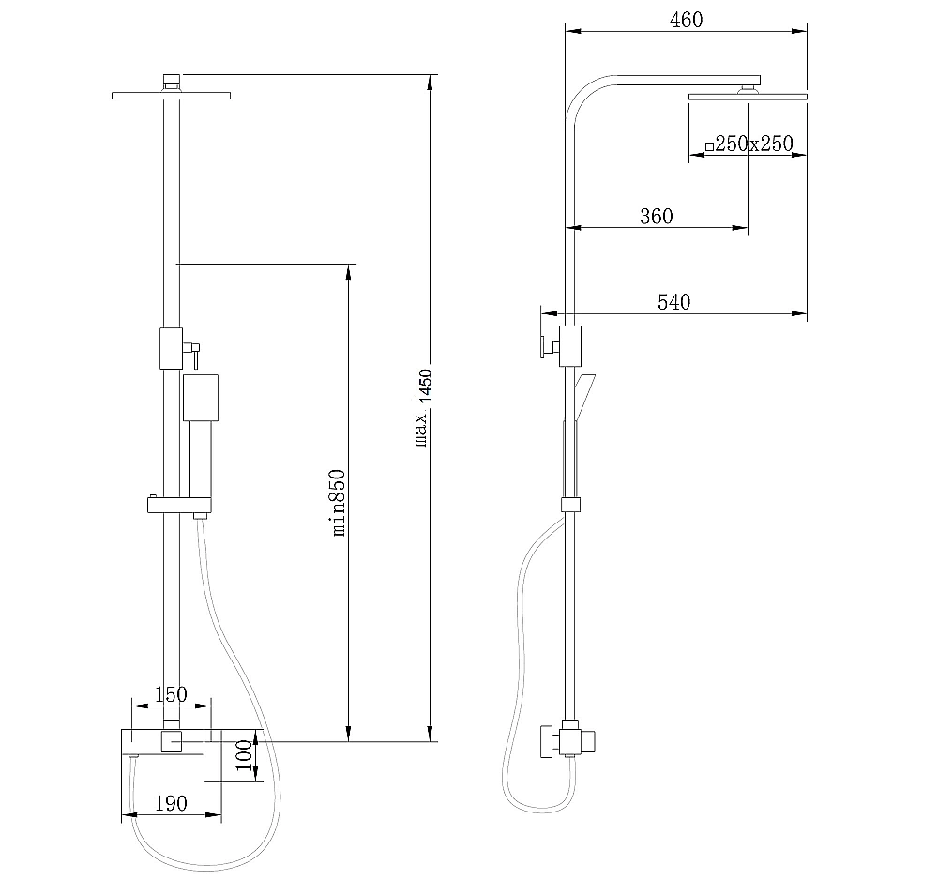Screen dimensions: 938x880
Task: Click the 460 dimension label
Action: tap(687, 20)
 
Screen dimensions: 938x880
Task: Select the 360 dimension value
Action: tap(657, 216)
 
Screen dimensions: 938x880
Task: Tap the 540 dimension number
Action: tap(674, 302)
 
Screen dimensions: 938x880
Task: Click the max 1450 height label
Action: tap(423, 407)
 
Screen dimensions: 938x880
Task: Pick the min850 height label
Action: tap(339, 503)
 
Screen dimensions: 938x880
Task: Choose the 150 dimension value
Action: tap(171, 694)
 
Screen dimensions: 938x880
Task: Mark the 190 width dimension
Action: tap(171, 803)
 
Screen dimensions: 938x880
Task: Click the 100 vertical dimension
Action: tap(244, 755)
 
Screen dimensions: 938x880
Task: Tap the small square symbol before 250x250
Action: tap(709, 146)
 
